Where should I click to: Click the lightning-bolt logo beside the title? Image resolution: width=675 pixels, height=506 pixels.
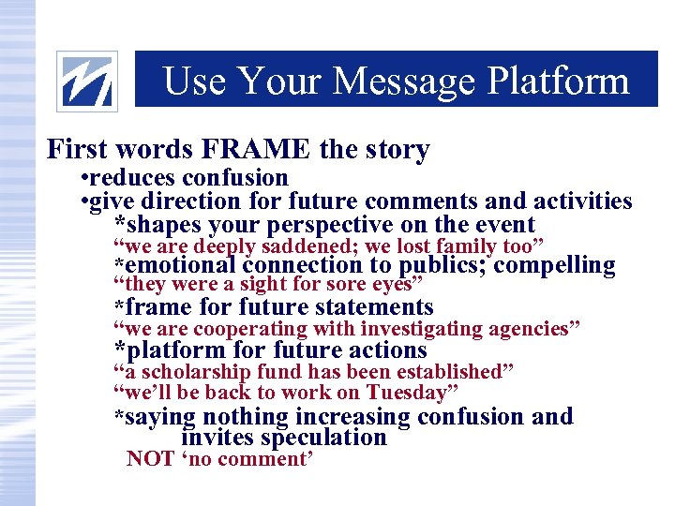(87, 81)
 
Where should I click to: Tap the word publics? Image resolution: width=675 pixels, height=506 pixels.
(442, 266)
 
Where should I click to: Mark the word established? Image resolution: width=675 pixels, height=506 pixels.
(452, 372)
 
